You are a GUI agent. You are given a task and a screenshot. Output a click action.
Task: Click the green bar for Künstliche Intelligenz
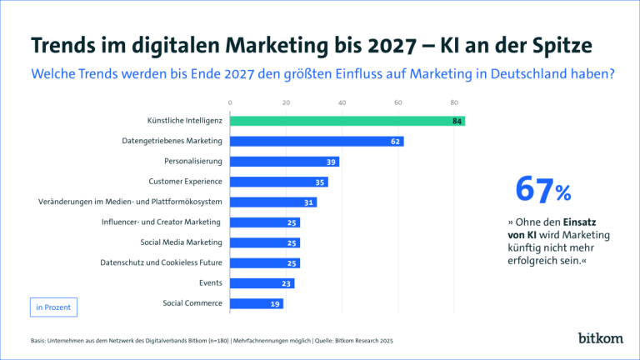tap(346, 121)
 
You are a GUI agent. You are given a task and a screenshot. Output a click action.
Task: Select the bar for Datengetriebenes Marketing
tap(316, 142)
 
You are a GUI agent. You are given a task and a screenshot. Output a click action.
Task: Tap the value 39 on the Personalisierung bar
tap(332, 162)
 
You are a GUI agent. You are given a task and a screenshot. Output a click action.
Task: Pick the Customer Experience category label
tap(185, 182)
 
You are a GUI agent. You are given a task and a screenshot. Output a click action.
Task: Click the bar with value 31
tap(272, 202)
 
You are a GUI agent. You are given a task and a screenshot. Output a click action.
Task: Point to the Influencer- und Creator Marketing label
tap(162, 222)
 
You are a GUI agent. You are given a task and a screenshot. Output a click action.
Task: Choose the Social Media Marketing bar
tap(264, 242)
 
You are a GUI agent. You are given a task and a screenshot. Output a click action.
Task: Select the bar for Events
tap(262, 283)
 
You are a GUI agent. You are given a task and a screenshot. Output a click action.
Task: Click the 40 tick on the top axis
tap(342, 103)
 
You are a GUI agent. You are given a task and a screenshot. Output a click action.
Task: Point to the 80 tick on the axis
tap(454, 103)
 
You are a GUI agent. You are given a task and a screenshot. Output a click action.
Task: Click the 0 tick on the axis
tap(230, 103)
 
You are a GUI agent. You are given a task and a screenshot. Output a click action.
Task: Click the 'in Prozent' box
tap(53, 307)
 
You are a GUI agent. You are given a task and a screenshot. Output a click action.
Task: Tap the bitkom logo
tap(599, 337)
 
